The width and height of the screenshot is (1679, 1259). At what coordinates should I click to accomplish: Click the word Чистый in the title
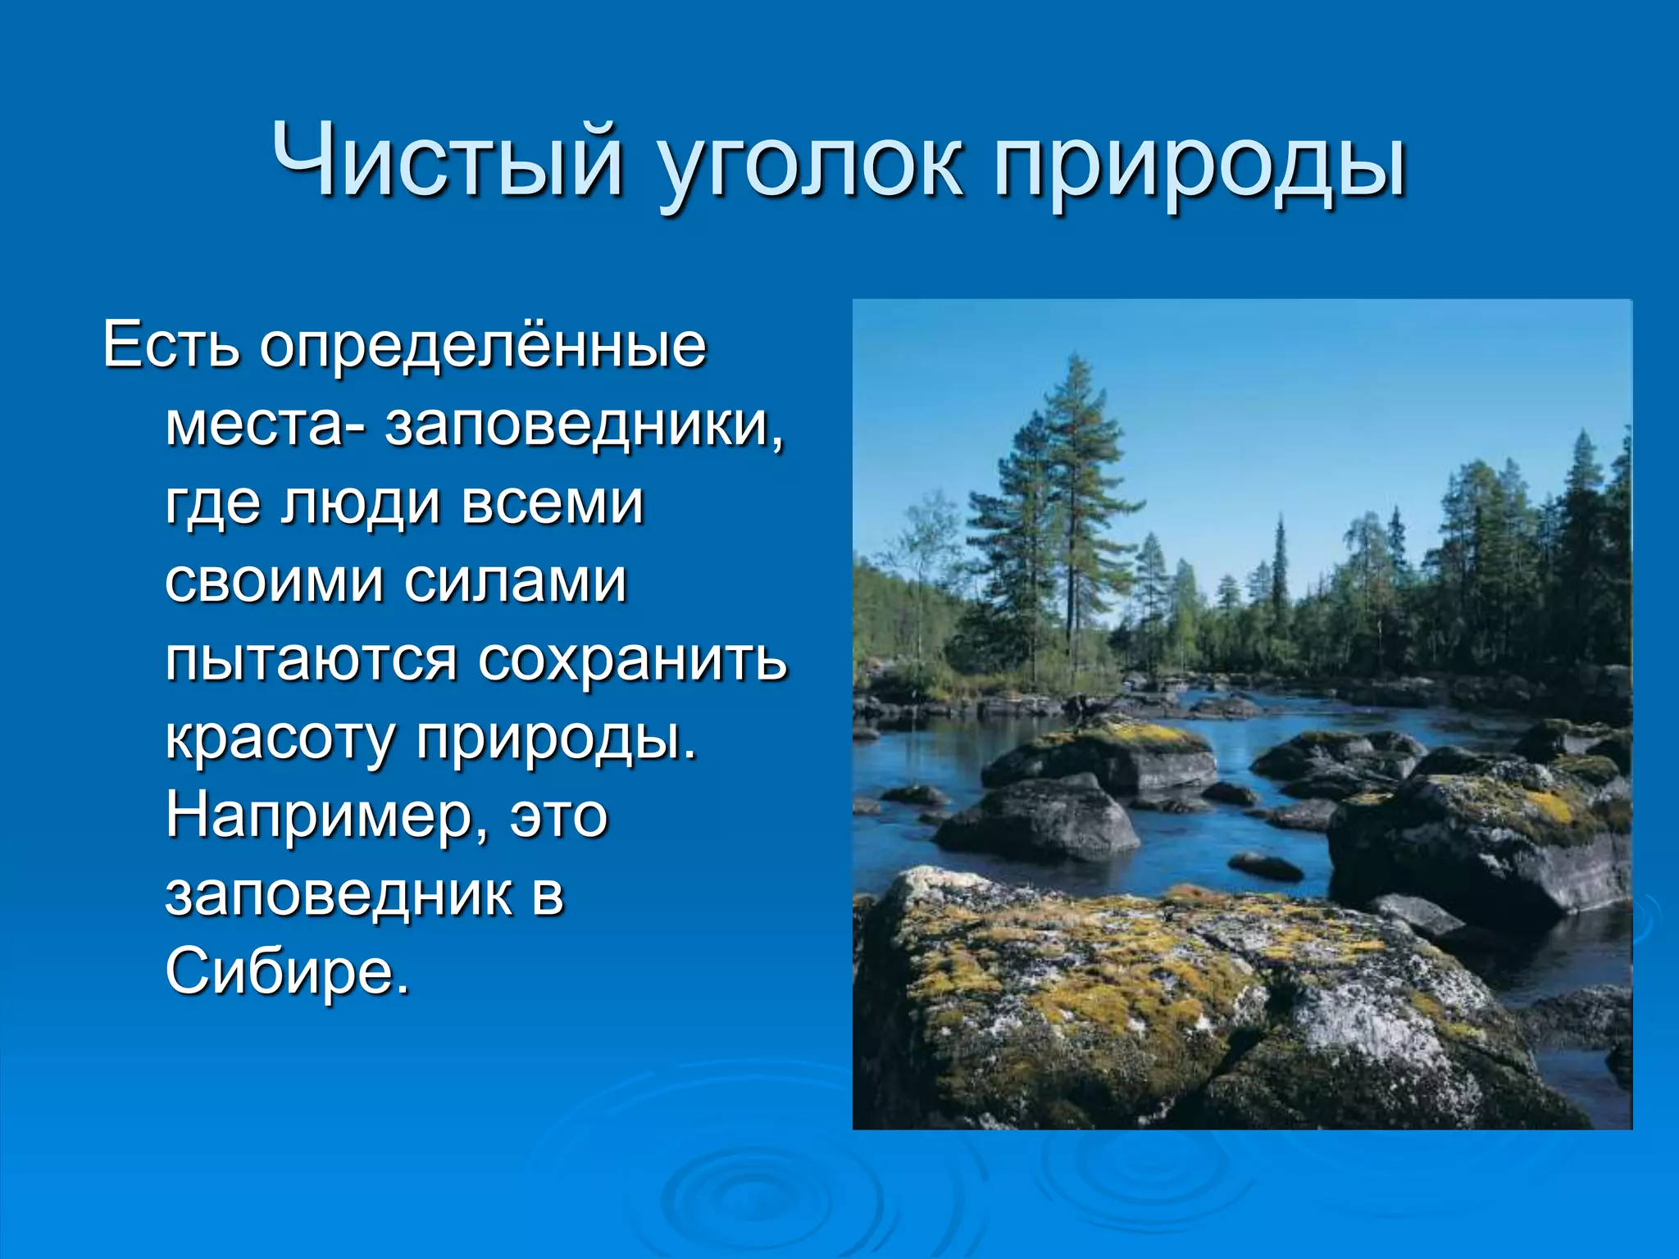448,161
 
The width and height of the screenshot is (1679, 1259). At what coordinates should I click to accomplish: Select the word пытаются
311,661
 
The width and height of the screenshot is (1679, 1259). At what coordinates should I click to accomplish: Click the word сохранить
632,659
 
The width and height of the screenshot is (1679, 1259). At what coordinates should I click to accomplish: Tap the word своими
274,581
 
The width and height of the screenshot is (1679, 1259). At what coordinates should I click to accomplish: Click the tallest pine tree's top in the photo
1076,361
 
